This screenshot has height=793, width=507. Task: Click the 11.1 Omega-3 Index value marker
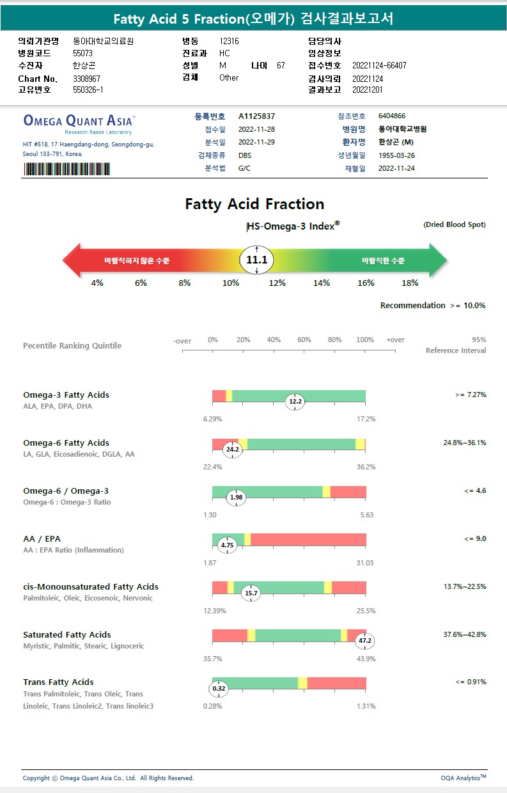[256, 260]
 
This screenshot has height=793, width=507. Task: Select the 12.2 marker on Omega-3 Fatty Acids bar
[295, 402]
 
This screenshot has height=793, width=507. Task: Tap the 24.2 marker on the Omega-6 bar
[231, 450]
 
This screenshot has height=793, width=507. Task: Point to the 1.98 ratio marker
[237, 498]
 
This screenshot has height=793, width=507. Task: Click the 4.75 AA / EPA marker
[227, 546]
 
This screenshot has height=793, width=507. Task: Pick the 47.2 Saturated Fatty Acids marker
[365, 640]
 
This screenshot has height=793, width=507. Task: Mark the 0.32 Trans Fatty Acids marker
[218, 689]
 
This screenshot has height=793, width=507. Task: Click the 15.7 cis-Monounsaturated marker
[251, 593]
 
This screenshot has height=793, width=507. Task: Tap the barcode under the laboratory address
[66, 169]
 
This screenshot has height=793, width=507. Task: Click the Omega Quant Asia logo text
[79, 120]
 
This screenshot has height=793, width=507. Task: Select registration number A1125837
[256, 116]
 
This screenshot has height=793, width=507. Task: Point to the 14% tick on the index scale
[322, 283]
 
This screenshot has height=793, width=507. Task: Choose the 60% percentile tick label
[304, 340]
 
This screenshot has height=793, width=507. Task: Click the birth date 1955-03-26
[396, 155]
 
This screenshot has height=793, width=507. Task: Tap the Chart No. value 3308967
[86, 79]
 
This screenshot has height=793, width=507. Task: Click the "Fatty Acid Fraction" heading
[254, 204]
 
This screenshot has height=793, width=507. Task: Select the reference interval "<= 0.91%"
[471, 682]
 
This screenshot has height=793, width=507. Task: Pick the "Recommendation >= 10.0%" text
[432, 305]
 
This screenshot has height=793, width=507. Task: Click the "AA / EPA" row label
[42, 538]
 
